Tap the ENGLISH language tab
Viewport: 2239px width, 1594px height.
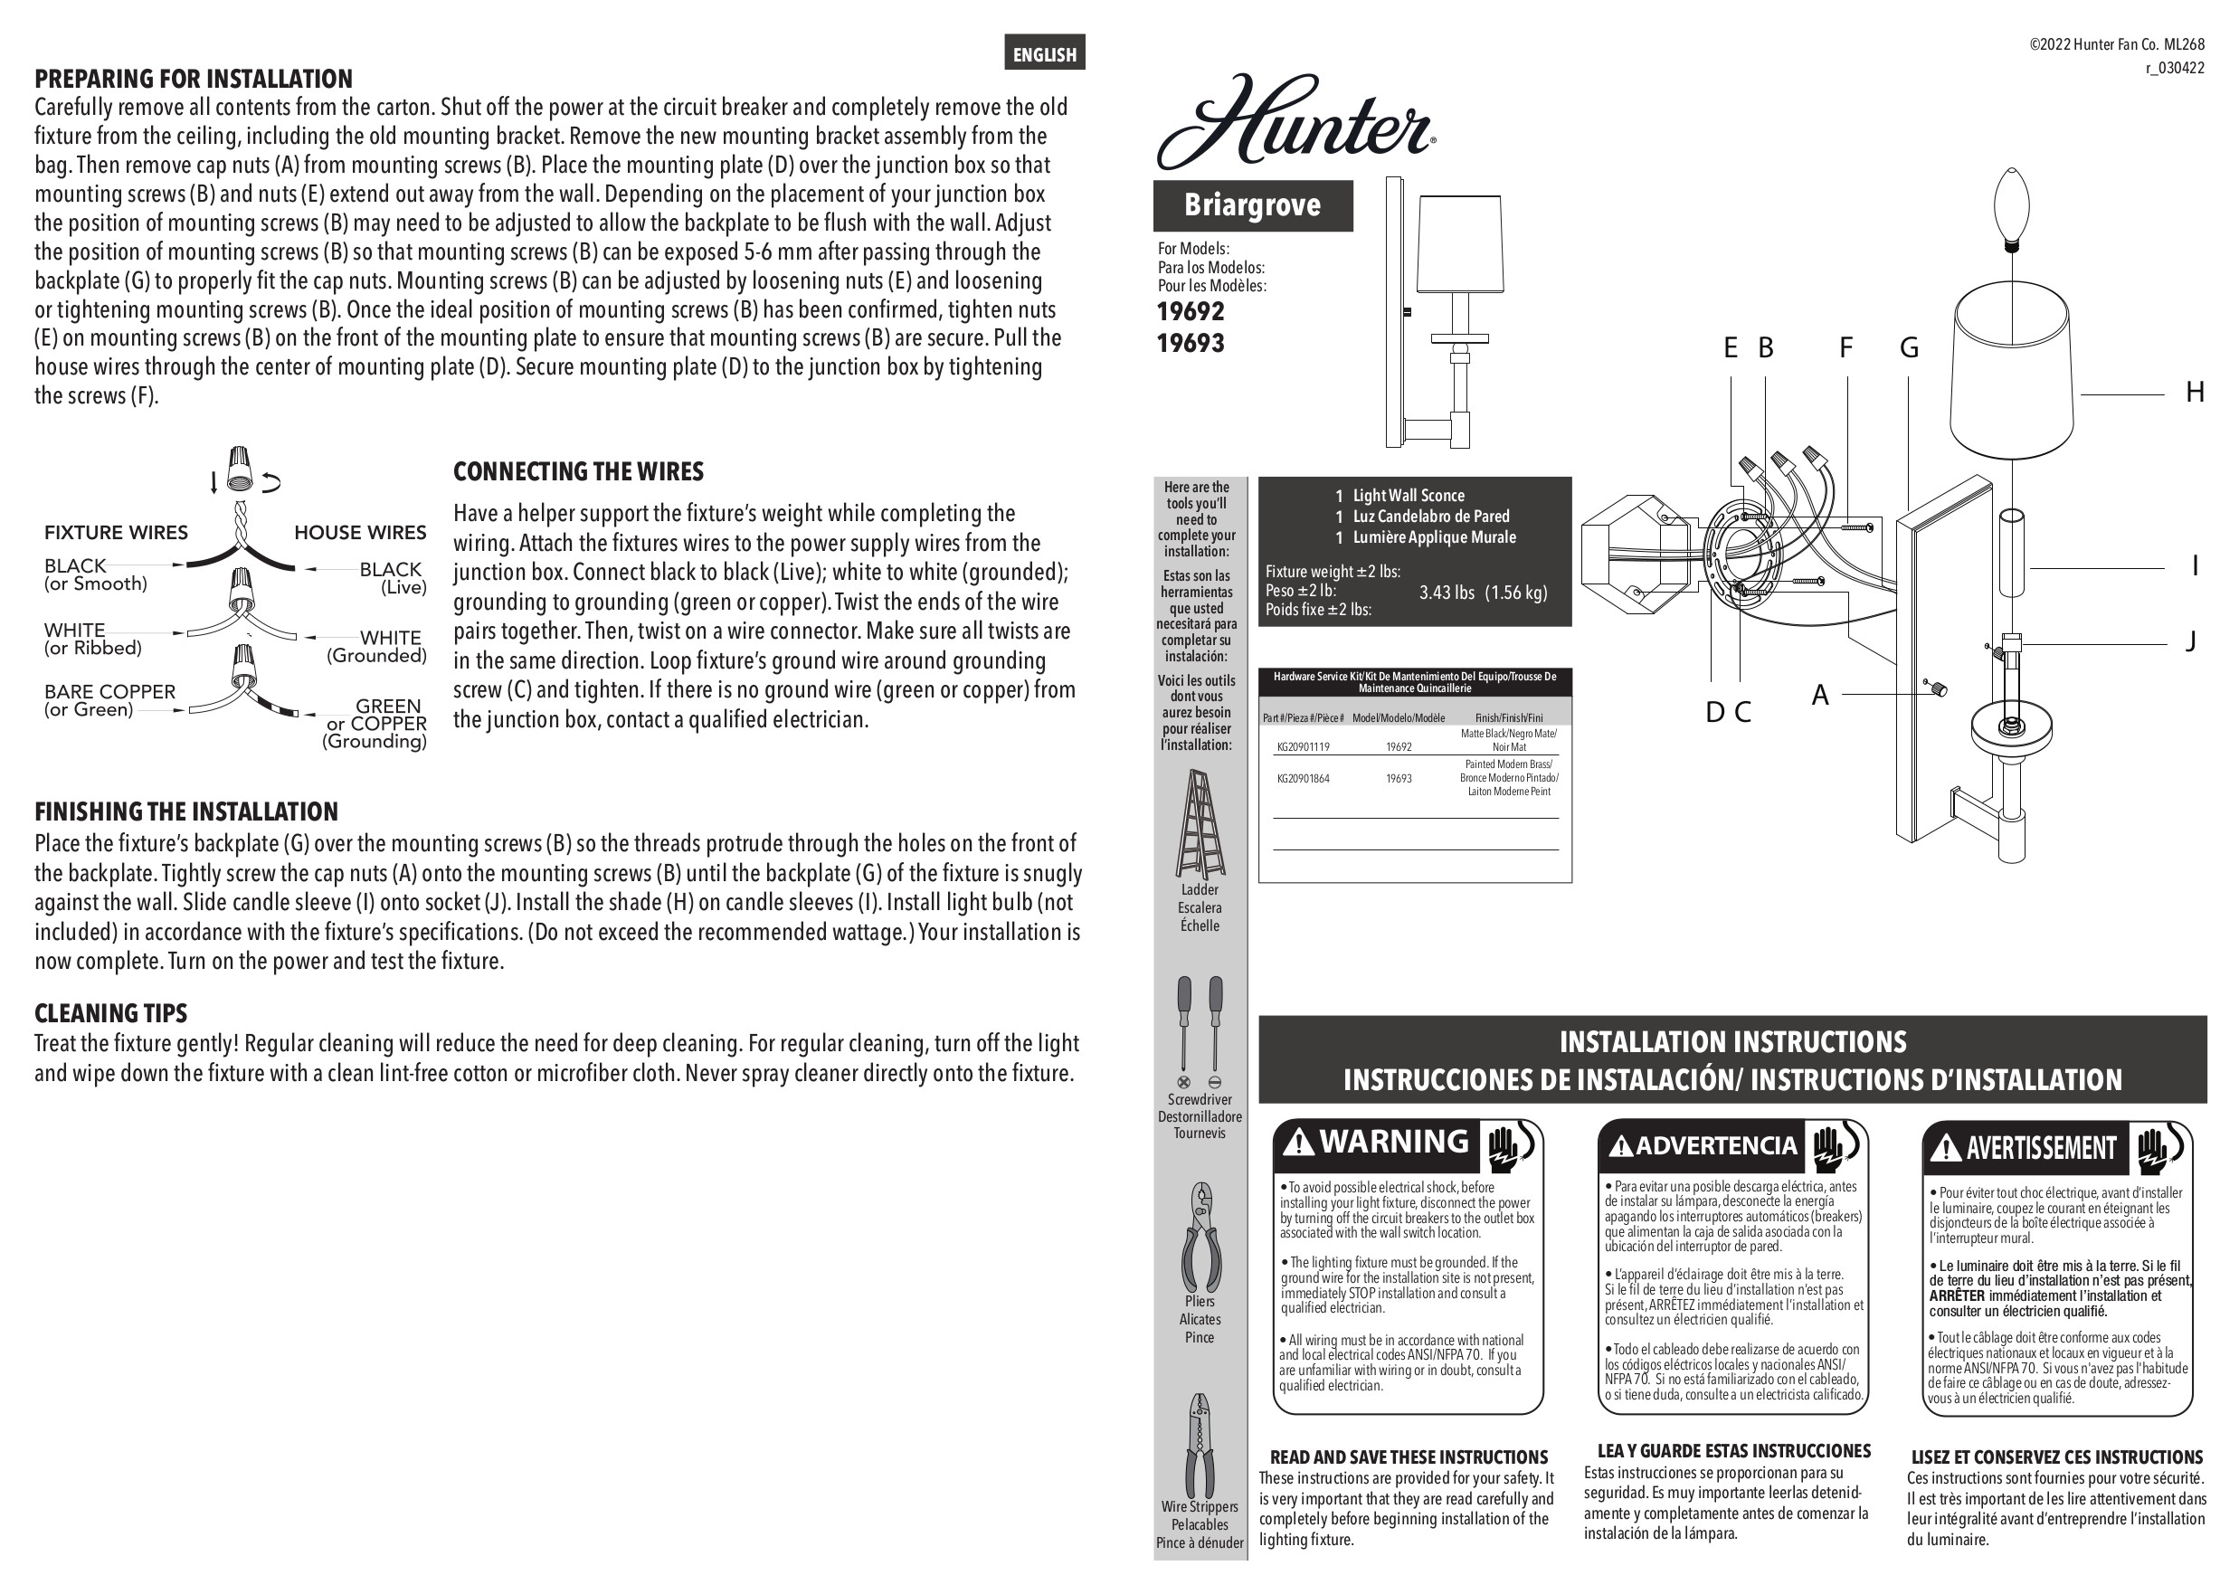point(1044,54)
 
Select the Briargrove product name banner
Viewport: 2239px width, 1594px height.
point(1253,205)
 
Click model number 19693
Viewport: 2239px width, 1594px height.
point(1191,344)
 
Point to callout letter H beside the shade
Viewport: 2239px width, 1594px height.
point(2195,393)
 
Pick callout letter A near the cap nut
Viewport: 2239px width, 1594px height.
point(1820,695)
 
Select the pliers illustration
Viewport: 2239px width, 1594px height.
point(1200,1238)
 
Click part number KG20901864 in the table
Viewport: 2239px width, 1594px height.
point(1303,778)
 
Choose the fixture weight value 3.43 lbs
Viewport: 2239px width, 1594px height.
point(1447,592)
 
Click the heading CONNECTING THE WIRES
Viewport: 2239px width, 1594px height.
point(578,472)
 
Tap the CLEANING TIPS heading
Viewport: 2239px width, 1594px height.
point(111,1013)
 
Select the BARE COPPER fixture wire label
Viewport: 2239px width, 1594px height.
point(110,692)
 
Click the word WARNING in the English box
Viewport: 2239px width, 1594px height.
point(1394,1142)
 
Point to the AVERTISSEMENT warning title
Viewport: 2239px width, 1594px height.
point(2041,1147)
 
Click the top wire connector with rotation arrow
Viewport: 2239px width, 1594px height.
point(239,469)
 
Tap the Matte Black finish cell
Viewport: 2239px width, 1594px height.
point(1508,740)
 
